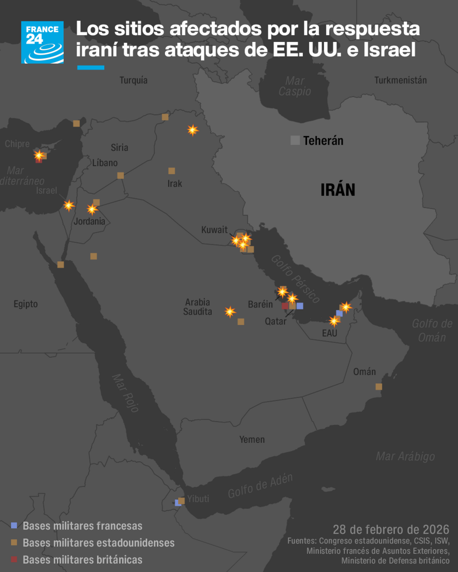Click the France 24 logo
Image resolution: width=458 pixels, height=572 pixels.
tap(42, 42)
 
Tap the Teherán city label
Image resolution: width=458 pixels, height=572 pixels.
tap(323, 141)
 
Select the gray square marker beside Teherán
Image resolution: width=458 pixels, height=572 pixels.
tap(295, 140)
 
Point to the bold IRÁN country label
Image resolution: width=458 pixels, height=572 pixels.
tap(338, 190)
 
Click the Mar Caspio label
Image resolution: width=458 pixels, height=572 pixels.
tap(295, 86)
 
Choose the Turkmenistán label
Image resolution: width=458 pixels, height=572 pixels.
tap(401, 80)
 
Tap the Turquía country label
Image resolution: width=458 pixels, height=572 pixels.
tap(134, 80)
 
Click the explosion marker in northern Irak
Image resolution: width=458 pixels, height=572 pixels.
tap(193, 130)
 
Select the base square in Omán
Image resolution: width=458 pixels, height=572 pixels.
tap(379, 387)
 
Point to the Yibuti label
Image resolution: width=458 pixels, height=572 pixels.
tap(198, 499)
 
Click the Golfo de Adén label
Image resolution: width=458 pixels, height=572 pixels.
tap(260, 486)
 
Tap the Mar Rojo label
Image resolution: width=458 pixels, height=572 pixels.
tap(125, 393)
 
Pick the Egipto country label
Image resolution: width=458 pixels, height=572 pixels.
tap(26, 304)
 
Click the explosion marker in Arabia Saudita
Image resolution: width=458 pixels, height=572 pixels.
tap(230, 311)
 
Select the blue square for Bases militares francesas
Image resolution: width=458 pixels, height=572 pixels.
tap(14, 525)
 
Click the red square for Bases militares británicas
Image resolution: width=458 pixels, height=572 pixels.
tap(14, 559)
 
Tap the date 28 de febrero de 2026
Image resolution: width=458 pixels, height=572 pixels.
tap(391, 530)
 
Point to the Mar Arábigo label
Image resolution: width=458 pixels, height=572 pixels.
tap(405, 457)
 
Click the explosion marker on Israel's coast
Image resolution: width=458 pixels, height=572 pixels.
tap(69, 205)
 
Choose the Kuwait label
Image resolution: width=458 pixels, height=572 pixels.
tap(214, 230)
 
